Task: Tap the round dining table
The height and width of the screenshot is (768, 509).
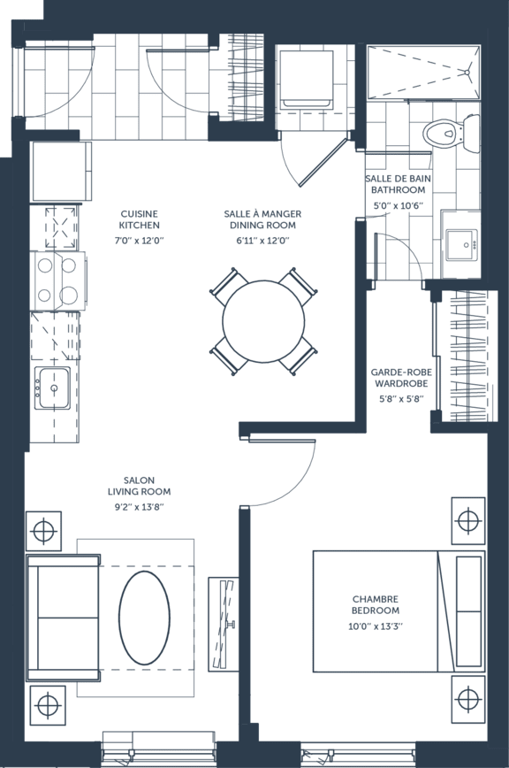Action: click(263, 321)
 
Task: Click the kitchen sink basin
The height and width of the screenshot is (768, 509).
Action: click(54, 388)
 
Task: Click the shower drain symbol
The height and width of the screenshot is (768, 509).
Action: click(467, 72)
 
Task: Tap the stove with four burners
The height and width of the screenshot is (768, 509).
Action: click(57, 280)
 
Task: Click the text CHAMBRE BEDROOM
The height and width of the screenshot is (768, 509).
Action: click(376, 604)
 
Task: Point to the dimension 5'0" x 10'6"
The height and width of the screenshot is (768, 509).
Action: click(398, 205)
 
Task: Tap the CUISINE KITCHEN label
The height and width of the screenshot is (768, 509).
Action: click(140, 219)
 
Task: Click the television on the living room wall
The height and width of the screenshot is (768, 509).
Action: click(224, 624)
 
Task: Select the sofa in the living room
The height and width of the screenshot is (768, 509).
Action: click(63, 618)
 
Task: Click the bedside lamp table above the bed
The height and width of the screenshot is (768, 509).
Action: click(468, 520)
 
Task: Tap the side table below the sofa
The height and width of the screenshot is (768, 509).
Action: click(48, 706)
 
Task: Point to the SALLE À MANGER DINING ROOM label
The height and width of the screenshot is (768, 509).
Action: click(262, 219)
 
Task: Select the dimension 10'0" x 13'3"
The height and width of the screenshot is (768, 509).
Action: click(376, 626)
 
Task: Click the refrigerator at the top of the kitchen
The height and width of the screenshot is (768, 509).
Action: click(61, 171)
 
